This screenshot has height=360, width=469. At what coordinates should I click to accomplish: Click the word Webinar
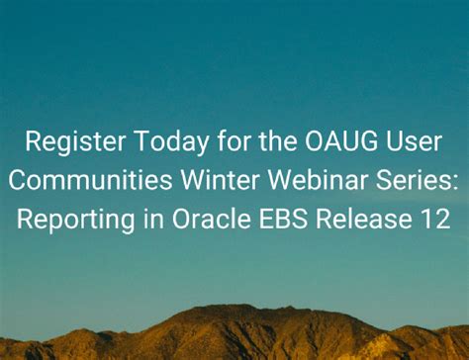tap(311, 181)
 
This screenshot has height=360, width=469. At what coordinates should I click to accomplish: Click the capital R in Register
tap(33, 143)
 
